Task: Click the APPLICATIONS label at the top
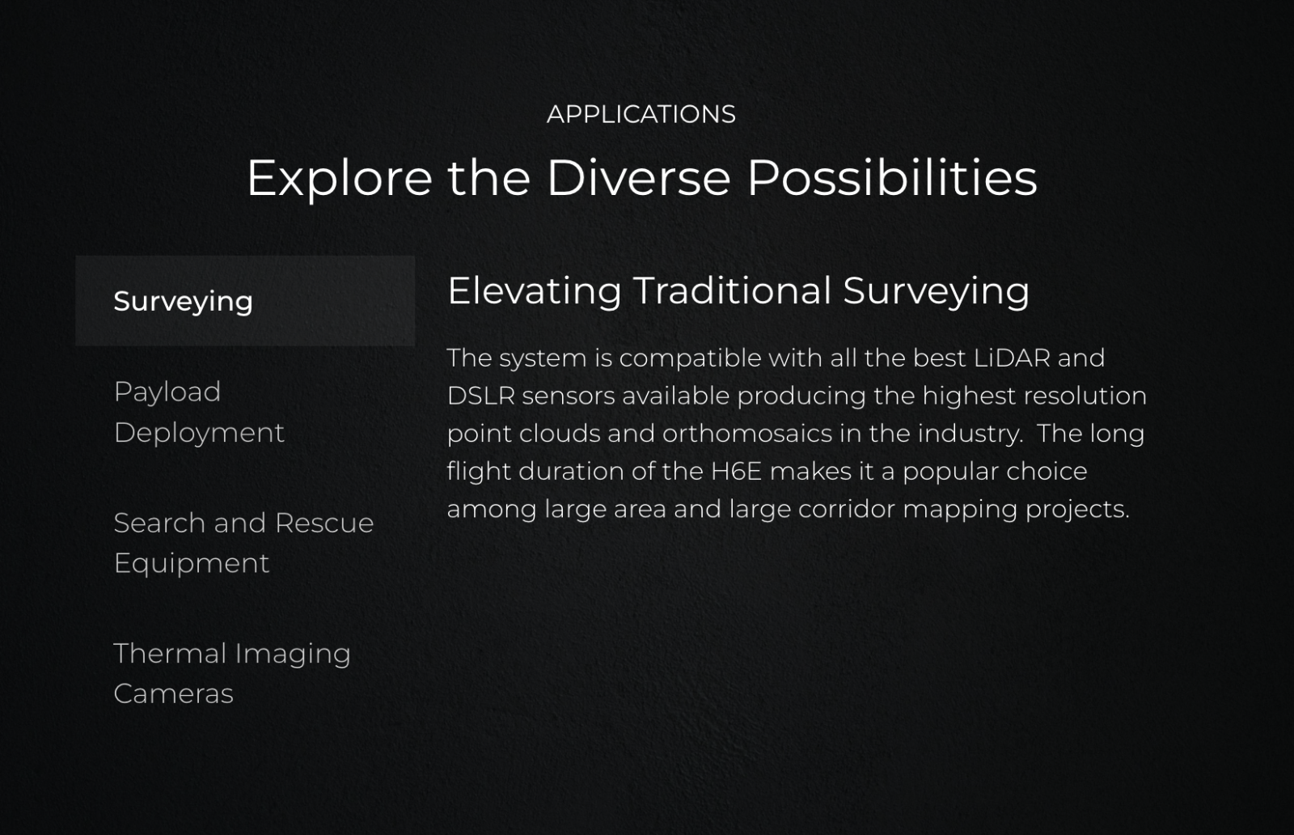click(x=641, y=114)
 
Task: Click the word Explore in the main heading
click(x=340, y=179)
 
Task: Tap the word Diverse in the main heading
click(x=638, y=177)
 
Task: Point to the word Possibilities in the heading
click(x=892, y=177)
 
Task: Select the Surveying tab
click(x=245, y=300)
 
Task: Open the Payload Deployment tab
click(x=199, y=412)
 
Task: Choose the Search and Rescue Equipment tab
click(x=243, y=543)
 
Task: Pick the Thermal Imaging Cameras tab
click(x=232, y=673)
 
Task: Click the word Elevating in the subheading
click(x=535, y=290)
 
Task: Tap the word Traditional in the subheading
click(x=732, y=290)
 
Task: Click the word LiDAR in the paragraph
click(x=1012, y=358)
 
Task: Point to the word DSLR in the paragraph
click(x=481, y=396)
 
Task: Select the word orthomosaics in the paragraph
click(x=747, y=434)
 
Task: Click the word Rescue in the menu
click(x=324, y=523)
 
